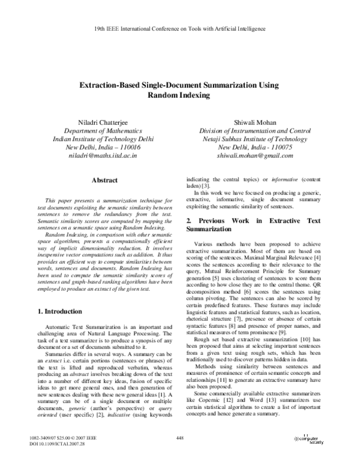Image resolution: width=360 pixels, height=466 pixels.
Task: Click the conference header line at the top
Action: click(180, 28)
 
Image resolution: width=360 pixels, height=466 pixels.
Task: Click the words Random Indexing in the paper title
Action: click(180, 95)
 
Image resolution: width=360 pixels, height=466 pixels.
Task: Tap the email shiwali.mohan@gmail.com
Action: click(255, 156)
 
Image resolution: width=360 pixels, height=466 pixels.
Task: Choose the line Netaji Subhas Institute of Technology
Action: click(255, 139)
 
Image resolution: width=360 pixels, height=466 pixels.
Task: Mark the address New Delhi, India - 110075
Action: click(255, 147)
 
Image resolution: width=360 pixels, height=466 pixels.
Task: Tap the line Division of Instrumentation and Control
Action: click(255, 130)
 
